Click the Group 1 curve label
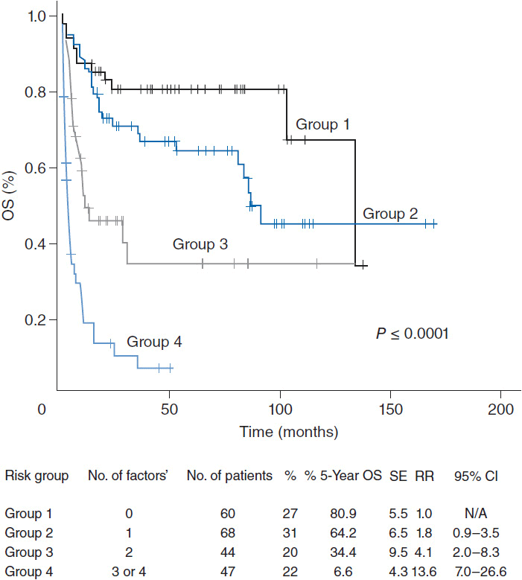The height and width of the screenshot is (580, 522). [x=322, y=124]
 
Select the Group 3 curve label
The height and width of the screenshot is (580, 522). [x=200, y=243]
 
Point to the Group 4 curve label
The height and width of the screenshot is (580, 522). [x=154, y=342]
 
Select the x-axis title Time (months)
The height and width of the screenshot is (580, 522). [x=289, y=432]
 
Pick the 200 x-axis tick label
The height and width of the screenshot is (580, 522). [x=500, y=409]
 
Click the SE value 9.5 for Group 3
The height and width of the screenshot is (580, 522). [x=398, y=552]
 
